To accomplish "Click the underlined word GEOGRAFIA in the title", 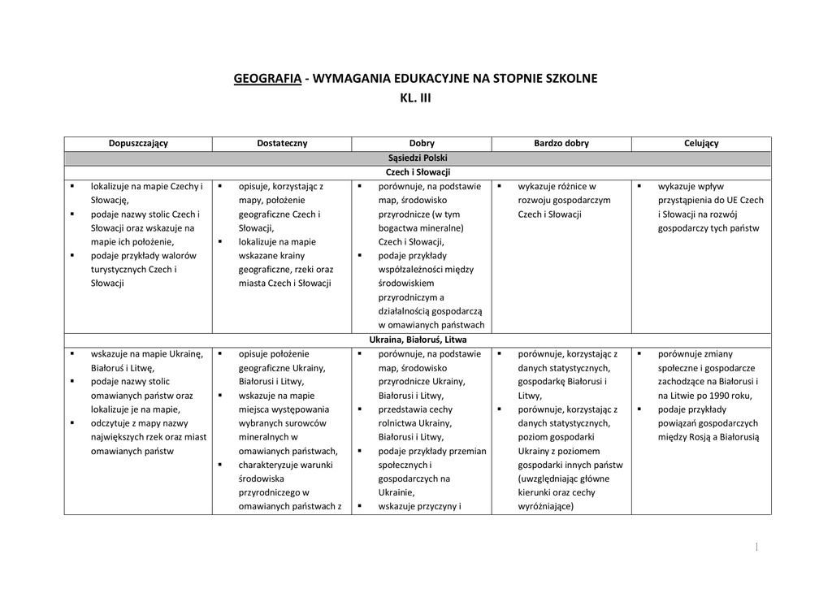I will [267, 79].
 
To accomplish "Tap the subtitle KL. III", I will [415, 98].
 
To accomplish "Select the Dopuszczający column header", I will [138, 144].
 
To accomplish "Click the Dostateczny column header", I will [281, 144].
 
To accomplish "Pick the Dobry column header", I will [422, 144].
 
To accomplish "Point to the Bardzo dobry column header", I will [561, 144].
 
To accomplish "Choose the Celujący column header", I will [701, 144].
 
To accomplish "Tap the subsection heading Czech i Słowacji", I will [418, 172].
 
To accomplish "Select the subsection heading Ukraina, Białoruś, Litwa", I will [418, 340].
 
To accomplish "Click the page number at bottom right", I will [756, 548].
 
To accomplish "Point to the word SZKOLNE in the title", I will [570, 79].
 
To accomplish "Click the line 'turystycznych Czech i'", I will [133, 270].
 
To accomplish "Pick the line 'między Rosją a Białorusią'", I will [708, 437].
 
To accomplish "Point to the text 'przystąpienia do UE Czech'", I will [711, 201].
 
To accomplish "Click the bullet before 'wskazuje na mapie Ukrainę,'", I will [72, 354].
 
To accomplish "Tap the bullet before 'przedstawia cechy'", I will [360, 409].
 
